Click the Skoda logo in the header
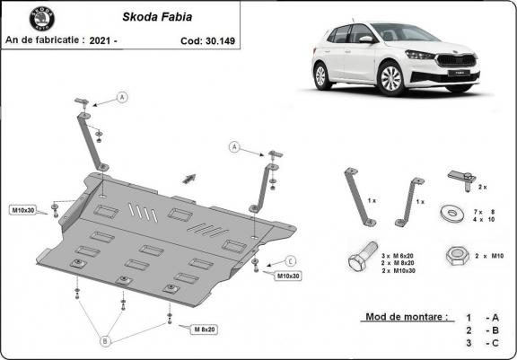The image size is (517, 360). (40, 19)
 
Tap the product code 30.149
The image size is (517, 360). (227, 40)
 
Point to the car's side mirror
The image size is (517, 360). (365, 40)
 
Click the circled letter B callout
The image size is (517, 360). (104, 340)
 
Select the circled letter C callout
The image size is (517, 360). (291, 260)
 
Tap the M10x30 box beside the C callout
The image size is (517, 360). (287, 276)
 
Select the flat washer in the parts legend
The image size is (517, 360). (448, 214)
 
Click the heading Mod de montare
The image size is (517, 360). (406, 317)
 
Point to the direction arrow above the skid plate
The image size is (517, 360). (189, 175)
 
